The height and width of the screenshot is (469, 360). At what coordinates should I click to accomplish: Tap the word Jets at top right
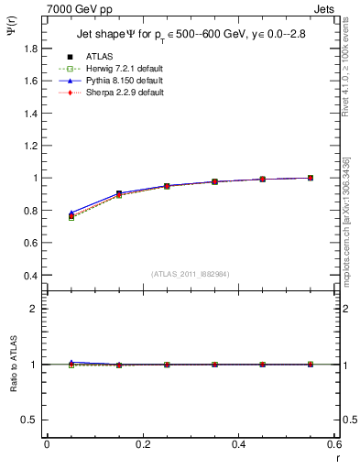click(x=325, y=10)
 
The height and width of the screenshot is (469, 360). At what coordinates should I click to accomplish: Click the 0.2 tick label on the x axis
click(x=142, y=443)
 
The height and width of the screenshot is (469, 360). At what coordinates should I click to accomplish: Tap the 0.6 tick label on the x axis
click(x=333, y=443)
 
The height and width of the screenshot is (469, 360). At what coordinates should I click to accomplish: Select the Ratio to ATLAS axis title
click(x=10, y=365)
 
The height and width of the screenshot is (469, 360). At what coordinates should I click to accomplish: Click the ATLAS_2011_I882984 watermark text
click(x=191, y=274)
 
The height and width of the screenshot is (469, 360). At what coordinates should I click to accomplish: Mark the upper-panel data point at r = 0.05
click(x=71, y=216)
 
